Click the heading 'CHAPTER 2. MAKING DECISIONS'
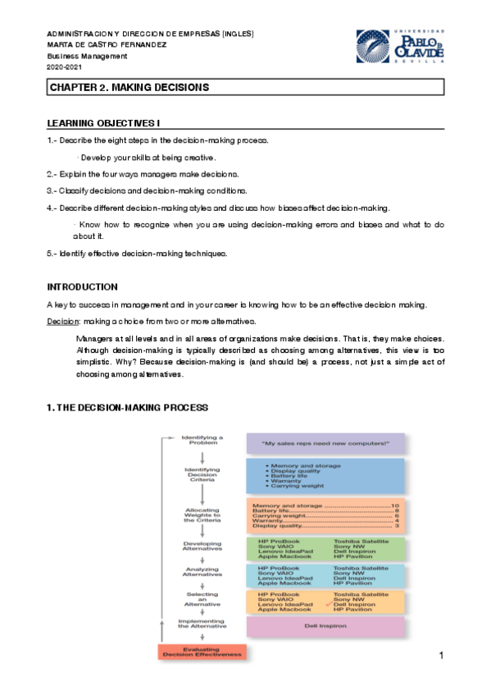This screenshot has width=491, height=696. tap(130, 87)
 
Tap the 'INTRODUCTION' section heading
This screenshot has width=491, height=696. tap(82, 287)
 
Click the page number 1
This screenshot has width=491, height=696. tap(441, 656)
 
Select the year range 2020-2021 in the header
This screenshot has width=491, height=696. tap(66, 66)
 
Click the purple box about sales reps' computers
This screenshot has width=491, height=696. tap(325, 444)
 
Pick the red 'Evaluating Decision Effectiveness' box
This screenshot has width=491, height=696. tap(201, 652)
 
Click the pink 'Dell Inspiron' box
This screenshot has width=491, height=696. tap(325, 626)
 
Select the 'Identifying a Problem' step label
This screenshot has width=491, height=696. tap(202, 441)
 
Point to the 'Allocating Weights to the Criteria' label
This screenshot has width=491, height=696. tap(202, 514)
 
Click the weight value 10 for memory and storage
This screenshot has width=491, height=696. tap(394, 506)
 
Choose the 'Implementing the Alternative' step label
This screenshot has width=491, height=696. tap(202, 623)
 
